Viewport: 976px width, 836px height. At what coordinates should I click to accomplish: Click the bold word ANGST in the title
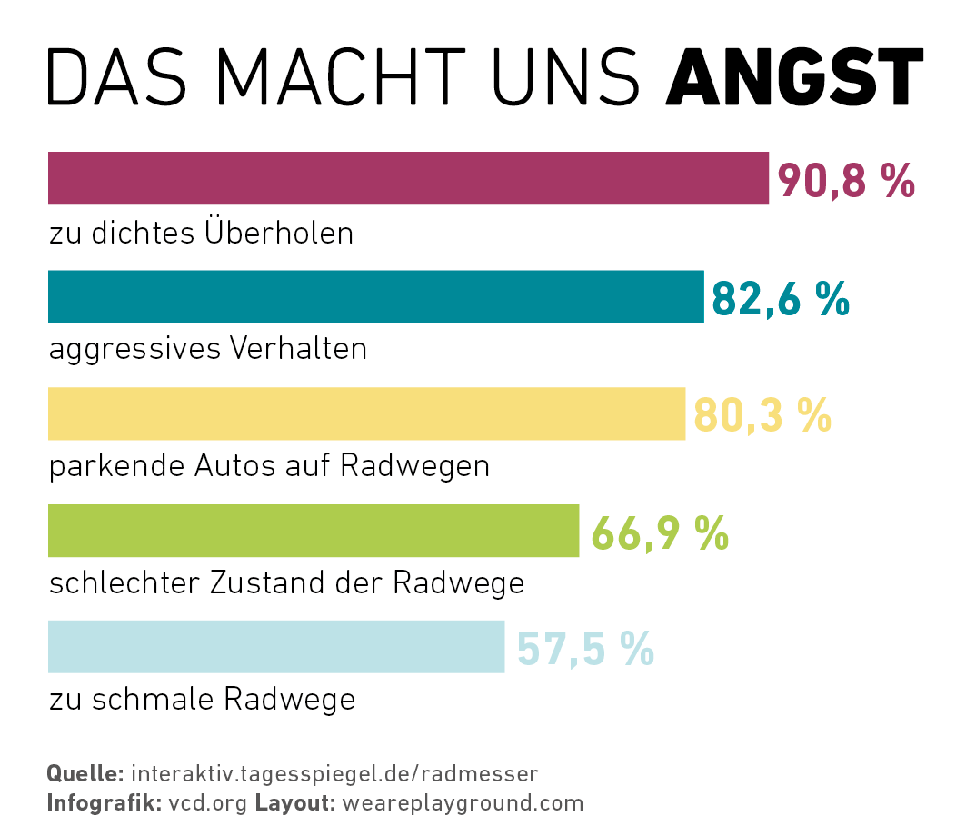click(793, 77)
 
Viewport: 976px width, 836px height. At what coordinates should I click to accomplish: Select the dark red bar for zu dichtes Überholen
click(408, 178)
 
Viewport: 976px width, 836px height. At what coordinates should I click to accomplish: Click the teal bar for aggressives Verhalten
click(375, 296)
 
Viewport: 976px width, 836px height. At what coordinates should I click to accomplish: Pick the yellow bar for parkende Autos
click(366, 413)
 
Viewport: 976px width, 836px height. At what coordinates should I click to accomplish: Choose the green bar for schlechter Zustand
click(313, 531)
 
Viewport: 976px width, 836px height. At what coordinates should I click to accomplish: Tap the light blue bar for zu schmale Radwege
click(275, 647)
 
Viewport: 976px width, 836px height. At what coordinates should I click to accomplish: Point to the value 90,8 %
click(845, 181)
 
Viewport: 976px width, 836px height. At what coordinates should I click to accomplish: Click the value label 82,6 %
click(781, 298)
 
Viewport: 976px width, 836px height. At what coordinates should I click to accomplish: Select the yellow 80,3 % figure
click(762, 415)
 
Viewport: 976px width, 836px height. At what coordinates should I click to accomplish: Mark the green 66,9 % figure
click(660, 532)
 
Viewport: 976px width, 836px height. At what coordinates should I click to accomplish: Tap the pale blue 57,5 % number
click(585, 649)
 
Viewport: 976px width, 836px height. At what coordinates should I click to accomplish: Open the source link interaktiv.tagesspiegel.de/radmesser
click(335, 774)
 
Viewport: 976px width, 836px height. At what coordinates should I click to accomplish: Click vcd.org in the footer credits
click(208, 803)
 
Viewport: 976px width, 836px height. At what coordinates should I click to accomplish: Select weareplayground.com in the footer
click(463, 803)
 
